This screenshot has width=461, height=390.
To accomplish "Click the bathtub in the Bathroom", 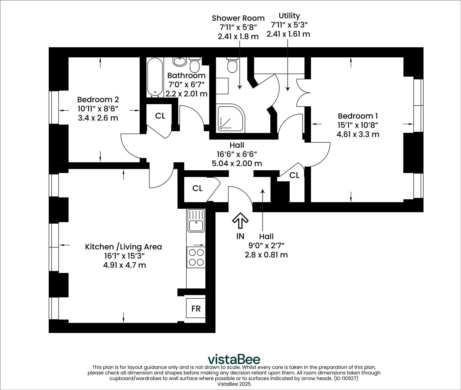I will click(154, 77).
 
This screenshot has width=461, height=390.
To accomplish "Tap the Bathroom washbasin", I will click(180, 61).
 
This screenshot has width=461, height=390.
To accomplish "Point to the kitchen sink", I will click(196, 221).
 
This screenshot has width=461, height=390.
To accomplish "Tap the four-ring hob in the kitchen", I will click(196, 257).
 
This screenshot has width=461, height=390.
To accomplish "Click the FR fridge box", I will click(196, 309).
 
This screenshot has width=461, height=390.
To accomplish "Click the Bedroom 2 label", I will click(98, 100).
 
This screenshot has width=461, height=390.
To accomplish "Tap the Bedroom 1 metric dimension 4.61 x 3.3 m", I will click(358, 134).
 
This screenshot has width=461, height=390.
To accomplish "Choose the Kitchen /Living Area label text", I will click(123, 247).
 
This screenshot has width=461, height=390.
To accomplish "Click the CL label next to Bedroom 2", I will click(160, 116).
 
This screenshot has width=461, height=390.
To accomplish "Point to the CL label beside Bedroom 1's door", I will click(294, 175).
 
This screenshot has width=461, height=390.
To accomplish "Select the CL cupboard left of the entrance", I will click(197, 189).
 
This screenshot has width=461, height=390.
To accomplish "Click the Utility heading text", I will click(289, 16).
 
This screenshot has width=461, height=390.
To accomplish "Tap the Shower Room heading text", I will click(238, 18).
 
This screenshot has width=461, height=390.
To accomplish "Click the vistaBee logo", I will click(234, 359).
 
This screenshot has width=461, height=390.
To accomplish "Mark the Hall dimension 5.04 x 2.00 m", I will click(237, 163).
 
